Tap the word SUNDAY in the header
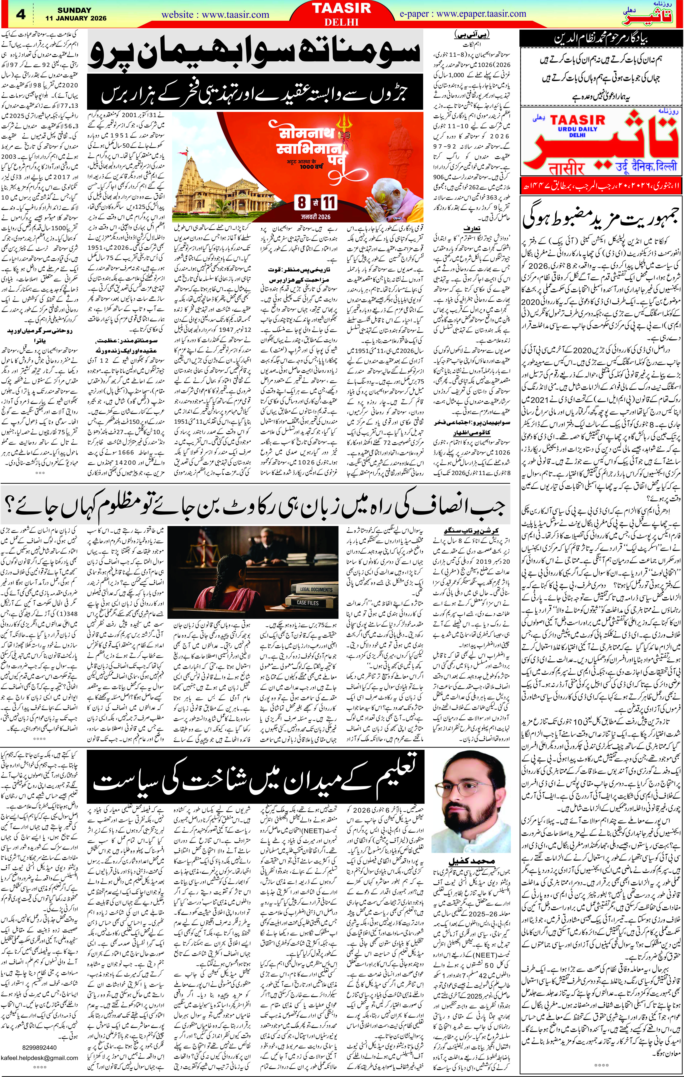coord(74,10)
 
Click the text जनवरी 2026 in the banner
coord(316,217)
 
